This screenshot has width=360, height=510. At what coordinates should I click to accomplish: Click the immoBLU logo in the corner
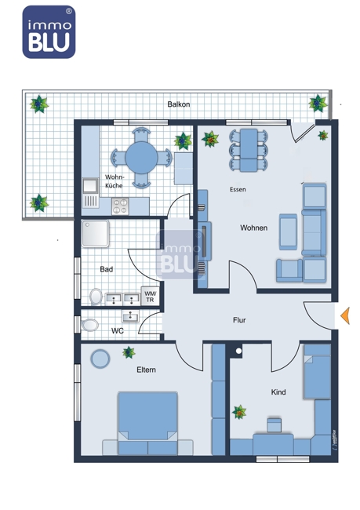pos(49,32)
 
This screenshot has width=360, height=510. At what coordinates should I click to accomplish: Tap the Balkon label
pos(179,104)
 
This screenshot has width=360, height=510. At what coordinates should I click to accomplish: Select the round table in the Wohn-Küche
pos(141,158)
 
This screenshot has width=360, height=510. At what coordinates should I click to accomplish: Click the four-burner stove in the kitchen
pos(120,206)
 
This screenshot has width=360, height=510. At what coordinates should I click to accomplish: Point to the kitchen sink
pos(90,186)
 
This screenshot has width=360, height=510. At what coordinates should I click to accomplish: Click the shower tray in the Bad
pos(95,234)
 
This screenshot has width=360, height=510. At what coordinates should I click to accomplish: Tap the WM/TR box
pos(150,297)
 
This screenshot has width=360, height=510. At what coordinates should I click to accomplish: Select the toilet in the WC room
pos(89,325)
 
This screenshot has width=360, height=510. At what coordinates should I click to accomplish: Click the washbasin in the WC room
pos(130,315)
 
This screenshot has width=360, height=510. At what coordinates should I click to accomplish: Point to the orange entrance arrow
pos(345,315)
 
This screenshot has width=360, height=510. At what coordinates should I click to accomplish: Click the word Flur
pos(239,320)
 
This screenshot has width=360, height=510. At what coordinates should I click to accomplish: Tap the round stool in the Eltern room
pos(100,359)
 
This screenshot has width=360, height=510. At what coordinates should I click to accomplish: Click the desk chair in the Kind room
pos(275,425)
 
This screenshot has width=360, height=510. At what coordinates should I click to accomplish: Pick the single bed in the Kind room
pos(317,372)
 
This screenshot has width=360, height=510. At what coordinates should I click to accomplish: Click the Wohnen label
pos(253,228)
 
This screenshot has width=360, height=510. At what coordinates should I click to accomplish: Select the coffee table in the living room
pos(288,231)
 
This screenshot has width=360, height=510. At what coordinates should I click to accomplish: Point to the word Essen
pos(238,189)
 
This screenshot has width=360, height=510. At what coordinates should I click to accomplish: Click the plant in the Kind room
pos(239,412)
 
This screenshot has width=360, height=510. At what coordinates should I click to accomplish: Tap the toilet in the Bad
pos(96,297)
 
